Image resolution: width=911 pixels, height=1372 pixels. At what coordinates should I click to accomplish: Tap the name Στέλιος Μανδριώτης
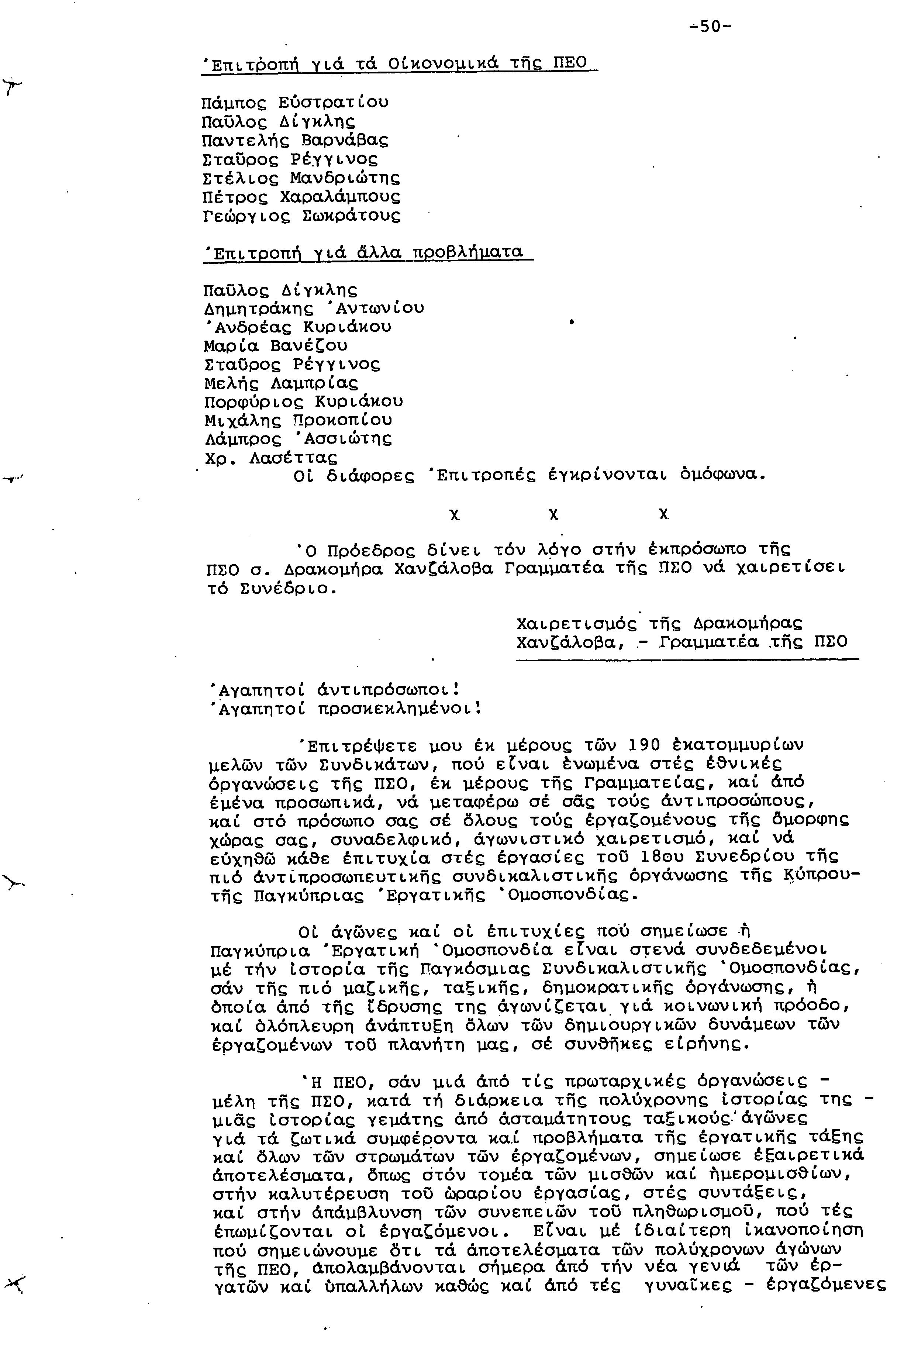pyautogui.click(x=301, y=178)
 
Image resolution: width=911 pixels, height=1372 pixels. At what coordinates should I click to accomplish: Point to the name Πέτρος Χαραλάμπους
pyautogui.click(x=301, y=197)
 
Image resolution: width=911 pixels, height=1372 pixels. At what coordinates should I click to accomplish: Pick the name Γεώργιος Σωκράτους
pyautogui.click(x=301, y=216)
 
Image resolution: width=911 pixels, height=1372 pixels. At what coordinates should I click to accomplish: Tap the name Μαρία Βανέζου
pyautogui.click(x=275, y=346)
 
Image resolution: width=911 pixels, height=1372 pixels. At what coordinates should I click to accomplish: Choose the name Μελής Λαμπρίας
pyautogui.click(x=281, y=383)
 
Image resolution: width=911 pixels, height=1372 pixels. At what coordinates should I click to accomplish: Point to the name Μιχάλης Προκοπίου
pyautogui.click(x=298, y=420)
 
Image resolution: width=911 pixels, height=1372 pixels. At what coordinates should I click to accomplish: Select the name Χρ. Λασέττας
pyautogui.click(x=271, y=458)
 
